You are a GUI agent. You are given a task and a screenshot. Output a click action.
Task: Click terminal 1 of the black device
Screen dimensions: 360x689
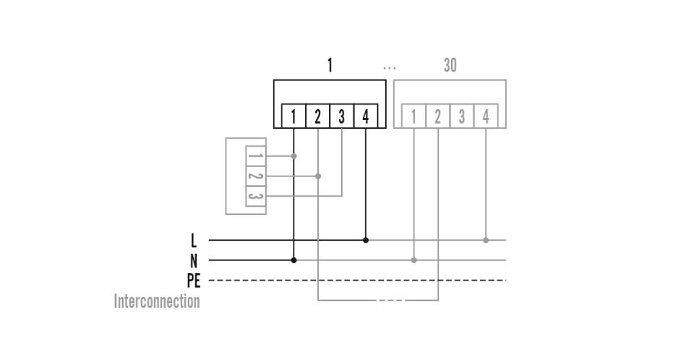[x=294, y=116]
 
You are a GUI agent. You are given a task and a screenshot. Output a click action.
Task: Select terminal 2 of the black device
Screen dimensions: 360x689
[x=317, y=116]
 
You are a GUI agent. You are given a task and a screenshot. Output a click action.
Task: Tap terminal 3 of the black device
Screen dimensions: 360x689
[x=341, y=116]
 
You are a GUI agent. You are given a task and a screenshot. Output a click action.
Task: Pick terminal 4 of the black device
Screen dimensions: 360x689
[x=366, y=116]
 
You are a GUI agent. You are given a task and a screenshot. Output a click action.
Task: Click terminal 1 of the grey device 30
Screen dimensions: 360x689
[x=414, y=116]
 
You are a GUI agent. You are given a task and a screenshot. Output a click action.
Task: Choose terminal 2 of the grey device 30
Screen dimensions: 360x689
[x=437, y=116]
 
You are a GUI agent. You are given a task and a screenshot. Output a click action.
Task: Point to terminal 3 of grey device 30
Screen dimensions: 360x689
[x=462, y=116]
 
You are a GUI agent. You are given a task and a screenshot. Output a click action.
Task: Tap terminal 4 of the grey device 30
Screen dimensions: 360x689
[x=486, y=116]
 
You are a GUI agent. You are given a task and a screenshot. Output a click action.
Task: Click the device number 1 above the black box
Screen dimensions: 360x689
[x=330, y=66]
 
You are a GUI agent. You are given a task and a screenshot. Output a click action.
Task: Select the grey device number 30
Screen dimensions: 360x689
[x=450, y=66]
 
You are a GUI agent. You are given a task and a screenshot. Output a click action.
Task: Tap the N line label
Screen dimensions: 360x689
[x=193, y=261]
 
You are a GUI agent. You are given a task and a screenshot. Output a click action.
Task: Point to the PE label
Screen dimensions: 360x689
[x=193, y=280]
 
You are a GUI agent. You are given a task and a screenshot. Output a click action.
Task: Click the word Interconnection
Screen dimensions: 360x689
[x=157, y=301]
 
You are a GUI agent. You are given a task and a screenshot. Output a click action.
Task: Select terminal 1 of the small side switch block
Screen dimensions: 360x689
[x=255, y=156]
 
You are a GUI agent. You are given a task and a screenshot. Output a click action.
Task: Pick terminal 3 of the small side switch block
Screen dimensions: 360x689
[x=255, y=196]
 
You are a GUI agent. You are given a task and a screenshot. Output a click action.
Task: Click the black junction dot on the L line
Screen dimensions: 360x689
[x=366, y=240]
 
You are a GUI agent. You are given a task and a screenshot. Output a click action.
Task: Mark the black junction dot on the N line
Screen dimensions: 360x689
[x=294, y=260]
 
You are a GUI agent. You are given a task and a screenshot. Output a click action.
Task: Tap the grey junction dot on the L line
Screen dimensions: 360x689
[x=486, y=240]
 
